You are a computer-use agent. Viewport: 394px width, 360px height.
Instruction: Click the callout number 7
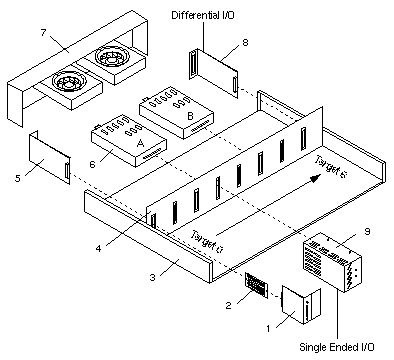point(43,33)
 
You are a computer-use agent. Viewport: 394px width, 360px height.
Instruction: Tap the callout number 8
point(245,43)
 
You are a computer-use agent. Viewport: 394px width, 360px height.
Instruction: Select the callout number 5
point(17,178)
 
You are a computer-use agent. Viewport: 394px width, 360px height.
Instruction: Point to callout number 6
point(92,164)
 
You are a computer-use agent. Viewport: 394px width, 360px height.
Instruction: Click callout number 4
point(98,248)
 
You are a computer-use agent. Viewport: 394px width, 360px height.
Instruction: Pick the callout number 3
point(152,277)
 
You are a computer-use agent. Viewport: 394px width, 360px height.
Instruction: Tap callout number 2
point(228,305)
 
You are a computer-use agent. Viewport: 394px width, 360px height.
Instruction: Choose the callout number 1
point(268,328)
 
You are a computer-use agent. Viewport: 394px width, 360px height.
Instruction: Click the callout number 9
point(367,231)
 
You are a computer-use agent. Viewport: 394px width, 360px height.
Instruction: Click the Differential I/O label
point(203,15)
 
